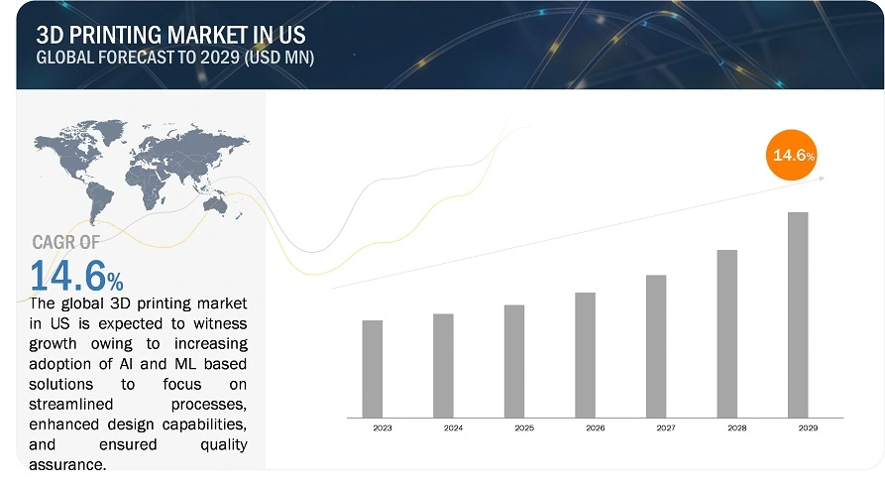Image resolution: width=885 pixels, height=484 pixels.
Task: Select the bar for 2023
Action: point(372,369)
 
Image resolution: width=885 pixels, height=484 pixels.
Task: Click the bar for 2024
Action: point(443,366)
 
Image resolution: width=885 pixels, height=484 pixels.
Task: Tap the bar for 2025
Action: point(514,361)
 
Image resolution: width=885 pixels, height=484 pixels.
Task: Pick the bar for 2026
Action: point(586,355)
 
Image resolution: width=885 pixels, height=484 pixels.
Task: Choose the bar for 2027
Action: point(656,347)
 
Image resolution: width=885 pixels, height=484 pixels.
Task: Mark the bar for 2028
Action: point(727,334)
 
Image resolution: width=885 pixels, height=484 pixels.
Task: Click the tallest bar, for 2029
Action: point(798,315)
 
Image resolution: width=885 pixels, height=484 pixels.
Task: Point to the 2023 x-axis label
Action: point(383,428)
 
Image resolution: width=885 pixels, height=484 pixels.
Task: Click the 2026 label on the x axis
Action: point(596,428)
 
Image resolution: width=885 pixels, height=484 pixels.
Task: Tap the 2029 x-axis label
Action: point(809,428)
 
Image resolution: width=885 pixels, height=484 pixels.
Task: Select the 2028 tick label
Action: point(737,428)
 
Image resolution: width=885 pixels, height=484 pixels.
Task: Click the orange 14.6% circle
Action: point(791,155)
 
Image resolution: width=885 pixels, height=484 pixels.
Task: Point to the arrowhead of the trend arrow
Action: point(822,179)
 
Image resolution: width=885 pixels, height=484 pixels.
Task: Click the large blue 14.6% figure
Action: point(76,276)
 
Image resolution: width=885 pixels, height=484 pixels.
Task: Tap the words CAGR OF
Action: point(66,242)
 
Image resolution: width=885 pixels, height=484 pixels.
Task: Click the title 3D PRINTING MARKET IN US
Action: point(171,35)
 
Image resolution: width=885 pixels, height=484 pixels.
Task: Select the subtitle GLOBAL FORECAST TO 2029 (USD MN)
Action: point(175,58)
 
